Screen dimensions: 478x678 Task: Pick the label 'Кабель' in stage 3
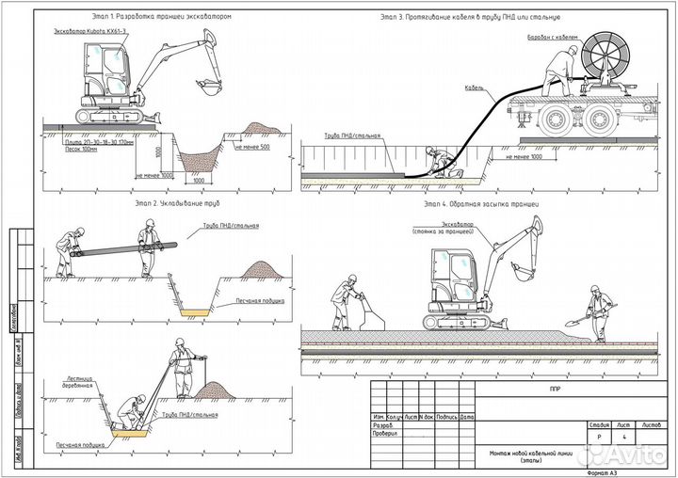click(475, 88)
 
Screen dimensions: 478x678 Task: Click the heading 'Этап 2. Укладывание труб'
click(162, 202)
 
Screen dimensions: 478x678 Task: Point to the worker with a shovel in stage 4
click(597, 311)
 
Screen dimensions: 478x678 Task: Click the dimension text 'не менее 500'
click(252, 148)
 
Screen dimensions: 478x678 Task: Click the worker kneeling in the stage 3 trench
click(436, 161)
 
